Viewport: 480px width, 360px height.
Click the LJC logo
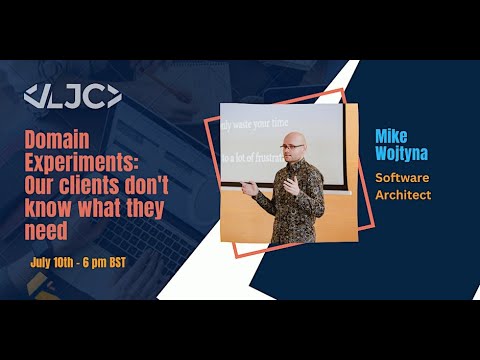72,97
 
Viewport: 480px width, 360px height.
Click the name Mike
392,134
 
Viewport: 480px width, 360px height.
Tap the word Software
402,177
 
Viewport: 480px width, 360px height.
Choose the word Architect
403,194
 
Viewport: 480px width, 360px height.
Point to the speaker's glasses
291,149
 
